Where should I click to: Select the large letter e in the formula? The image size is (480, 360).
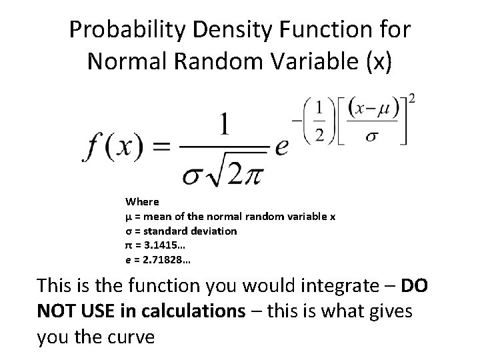pos(283,145)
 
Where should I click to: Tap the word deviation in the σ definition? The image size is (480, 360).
pos(213,231)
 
